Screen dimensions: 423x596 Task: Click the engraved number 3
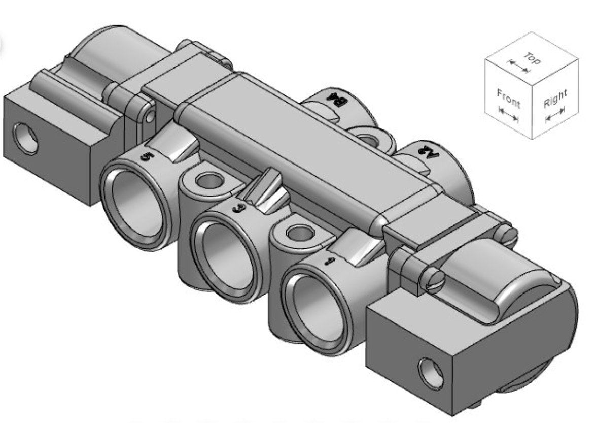[x=236, y=207]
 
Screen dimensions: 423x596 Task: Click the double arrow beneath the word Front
[x=508, y=115]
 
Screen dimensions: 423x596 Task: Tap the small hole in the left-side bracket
[x=149, y=116]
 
